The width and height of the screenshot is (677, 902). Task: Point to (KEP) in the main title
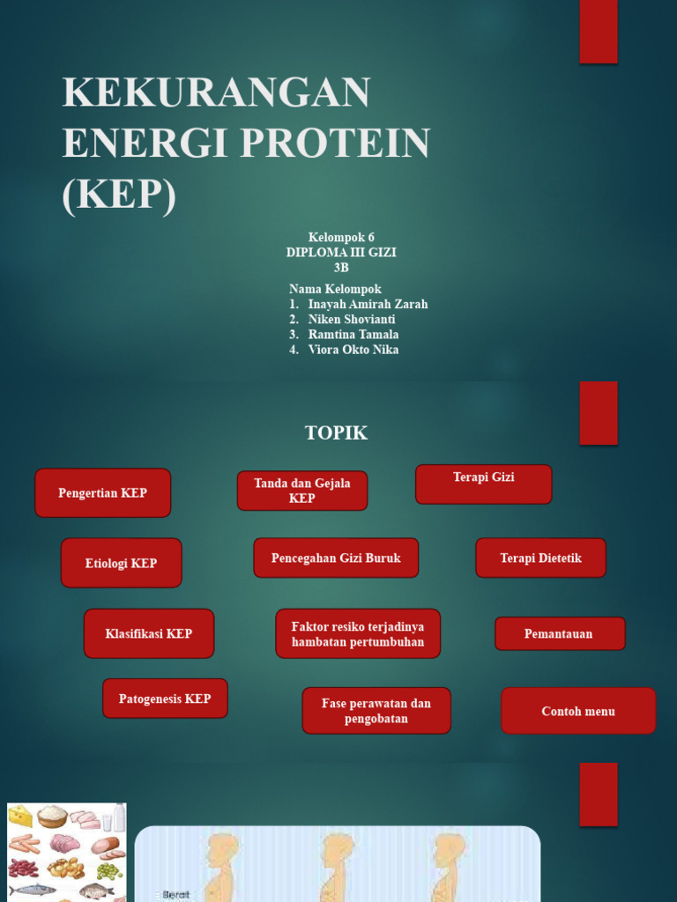tap(119, 193)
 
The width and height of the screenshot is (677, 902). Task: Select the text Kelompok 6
tap(341, 237)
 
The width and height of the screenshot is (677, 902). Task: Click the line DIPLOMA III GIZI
tap(341, 252)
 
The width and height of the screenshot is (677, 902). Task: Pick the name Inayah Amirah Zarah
tap(368, 304)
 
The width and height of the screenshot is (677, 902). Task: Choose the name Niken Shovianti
tap(352, 319)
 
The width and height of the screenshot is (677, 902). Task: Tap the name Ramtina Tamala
tap(353, 334)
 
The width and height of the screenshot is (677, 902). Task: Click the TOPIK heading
tap(336, 433)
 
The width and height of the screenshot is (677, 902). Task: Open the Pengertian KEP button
tap(102, 492)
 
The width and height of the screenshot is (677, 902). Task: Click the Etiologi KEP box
tap(121, 563)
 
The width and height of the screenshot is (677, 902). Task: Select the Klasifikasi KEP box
tap(148, 633)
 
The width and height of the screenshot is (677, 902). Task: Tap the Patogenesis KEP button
tap(165, 699)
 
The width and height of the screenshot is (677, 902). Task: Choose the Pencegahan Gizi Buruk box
tap(336, 558)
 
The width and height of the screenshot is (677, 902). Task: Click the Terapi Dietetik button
tap(540, 558)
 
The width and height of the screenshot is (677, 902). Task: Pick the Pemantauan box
tap(560, 633)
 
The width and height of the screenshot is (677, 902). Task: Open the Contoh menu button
tap(578, 711)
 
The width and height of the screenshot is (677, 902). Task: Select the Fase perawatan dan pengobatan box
tap(376, 711)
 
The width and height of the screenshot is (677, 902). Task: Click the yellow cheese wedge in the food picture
tap(20, 816)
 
